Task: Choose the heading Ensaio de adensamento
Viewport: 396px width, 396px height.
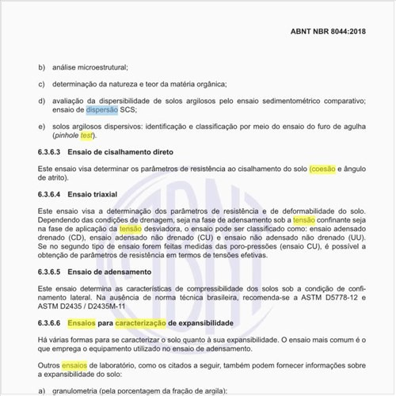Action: click(106, 272)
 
